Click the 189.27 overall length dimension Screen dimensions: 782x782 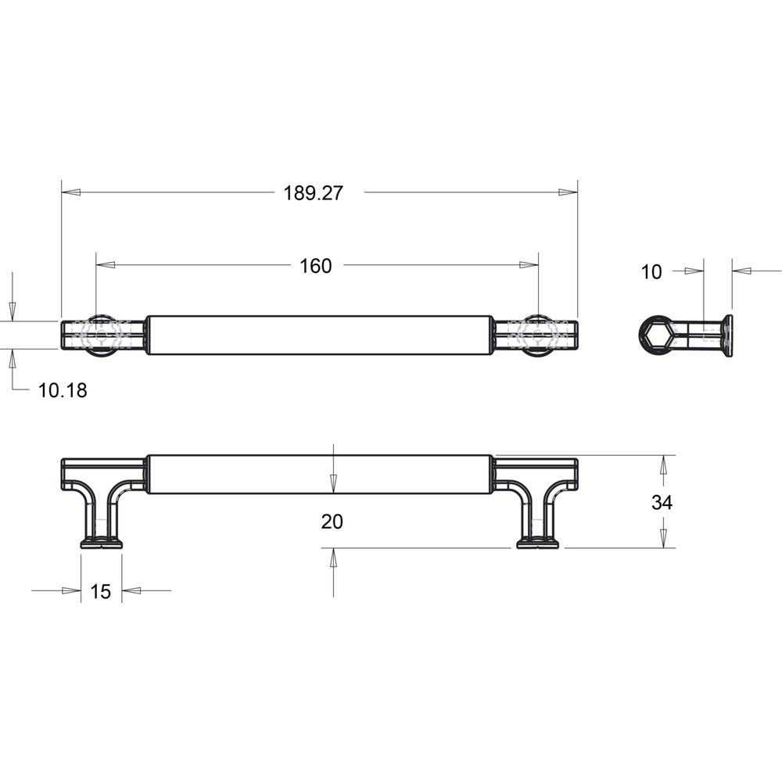(314, 193)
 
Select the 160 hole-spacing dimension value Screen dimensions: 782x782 (315, 266)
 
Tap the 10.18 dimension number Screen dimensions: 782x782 (63, 390)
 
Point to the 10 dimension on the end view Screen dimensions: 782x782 (651, 272)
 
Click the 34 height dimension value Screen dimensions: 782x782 (662, 502)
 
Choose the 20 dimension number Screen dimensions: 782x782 (332, 522)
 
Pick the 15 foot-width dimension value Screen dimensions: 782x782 (100, 591)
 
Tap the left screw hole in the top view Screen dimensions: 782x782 (101, 335)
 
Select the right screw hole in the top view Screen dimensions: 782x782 (537, 335)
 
